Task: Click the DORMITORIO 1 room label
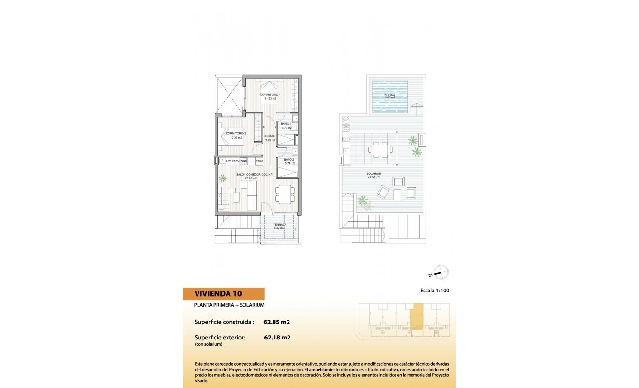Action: pyautogui.click(x=268, y=95)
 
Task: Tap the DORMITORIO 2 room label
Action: pyautogui.click(x=236, y=134)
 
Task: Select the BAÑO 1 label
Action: pyautogui.click(x=286, y=124)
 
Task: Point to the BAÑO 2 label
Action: pyautogui.click(x=289, y=159)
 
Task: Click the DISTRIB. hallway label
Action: pyautogui.click(x=270, y=136)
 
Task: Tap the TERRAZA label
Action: pyautogui.click(x=280, y=225)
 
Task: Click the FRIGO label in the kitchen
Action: pyautogui.click(x=259, y=160)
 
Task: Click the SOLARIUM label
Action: pyautogui.click(x=374, y=174)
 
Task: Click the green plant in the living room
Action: pyautogui.click(x=222, y=178)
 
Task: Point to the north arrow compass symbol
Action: pyautogui.click(x=440, y=273)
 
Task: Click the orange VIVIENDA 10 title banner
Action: pyautogui.click(x=224, y=293)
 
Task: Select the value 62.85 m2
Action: pyautogui.click(x=276, y=322)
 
